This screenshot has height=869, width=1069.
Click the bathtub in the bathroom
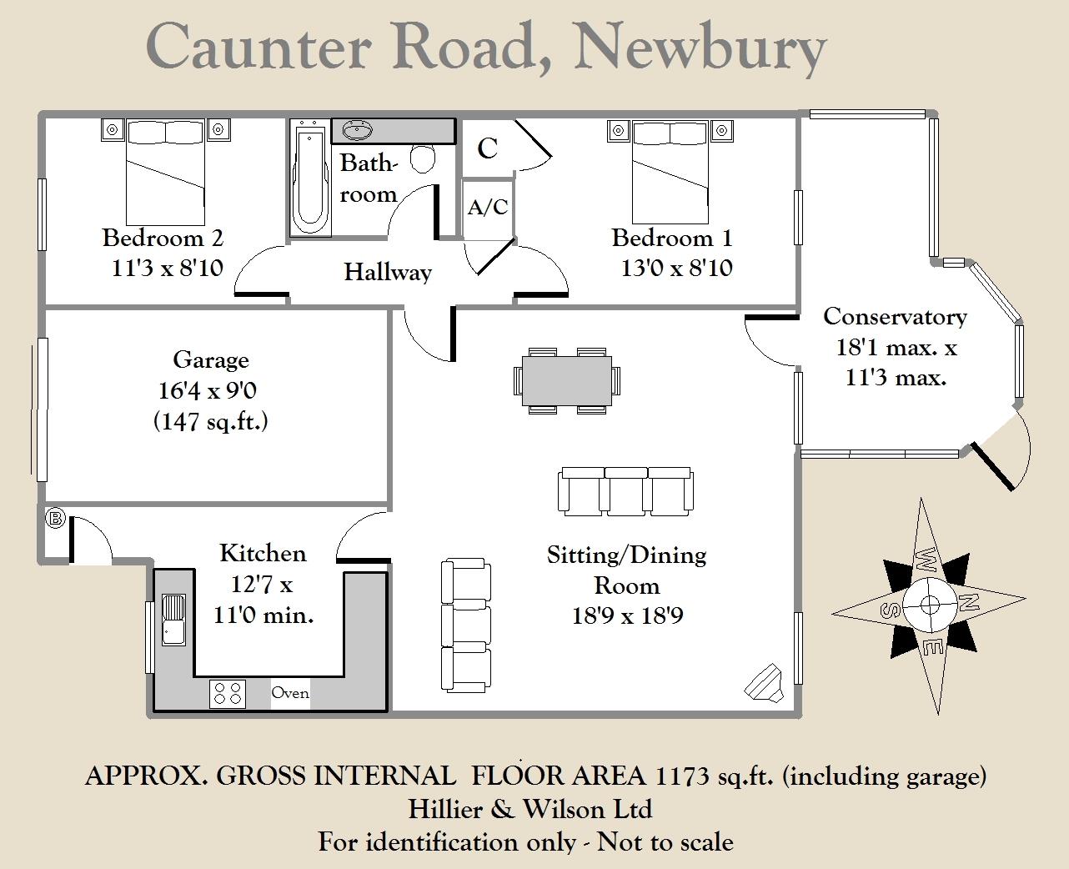tap(309, 178)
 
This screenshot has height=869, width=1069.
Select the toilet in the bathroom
tap(424, 158)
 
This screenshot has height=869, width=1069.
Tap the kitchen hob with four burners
tap(228, 693)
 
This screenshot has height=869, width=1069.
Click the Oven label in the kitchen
tap(290, 693)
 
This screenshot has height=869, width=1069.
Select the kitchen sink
tap(173, 620)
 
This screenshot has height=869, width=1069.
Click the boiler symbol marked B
tap(55, 519)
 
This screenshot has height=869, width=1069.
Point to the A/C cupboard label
tap(487, 207)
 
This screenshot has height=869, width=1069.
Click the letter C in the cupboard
tap(487, 148)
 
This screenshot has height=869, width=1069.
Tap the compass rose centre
tap(928, 604)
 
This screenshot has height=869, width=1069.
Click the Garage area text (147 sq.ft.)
tap(210, 421)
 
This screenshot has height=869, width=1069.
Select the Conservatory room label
tap(895, 317)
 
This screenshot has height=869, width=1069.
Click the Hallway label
tap(388, 272)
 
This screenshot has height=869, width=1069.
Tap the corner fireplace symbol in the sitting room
tap(764, 681)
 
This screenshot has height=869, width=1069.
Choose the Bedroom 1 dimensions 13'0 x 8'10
tap(676, 268)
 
